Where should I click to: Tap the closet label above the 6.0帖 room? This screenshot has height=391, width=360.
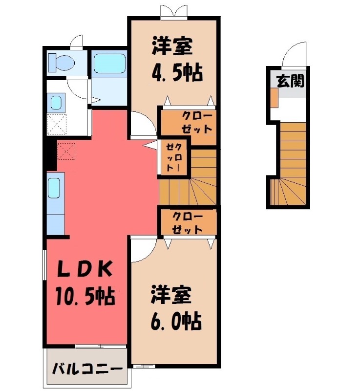click(x=188, y=222)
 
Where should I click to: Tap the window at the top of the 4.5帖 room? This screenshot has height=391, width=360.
click(x=173, y=12)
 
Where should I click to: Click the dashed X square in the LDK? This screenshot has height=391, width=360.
click(x=66, y=151)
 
